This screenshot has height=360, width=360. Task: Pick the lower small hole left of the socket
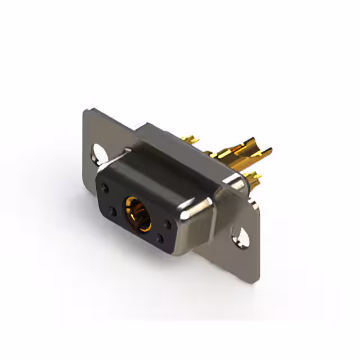point(113,212)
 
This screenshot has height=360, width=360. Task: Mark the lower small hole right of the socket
point(160,240)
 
